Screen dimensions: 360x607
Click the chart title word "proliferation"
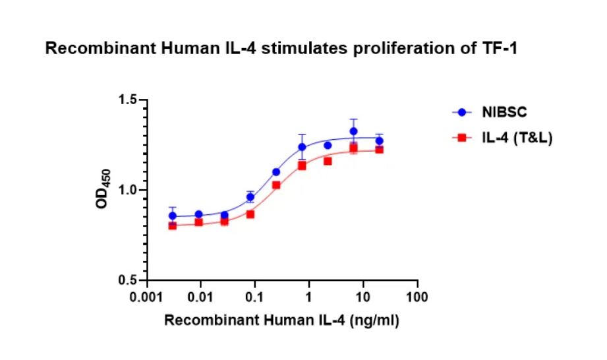coord(398,49)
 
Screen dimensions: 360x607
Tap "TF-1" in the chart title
coord(500,49)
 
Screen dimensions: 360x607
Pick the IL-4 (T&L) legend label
coord(517,138)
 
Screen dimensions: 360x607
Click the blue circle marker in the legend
coord(462,113)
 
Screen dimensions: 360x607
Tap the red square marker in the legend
coord(462,138)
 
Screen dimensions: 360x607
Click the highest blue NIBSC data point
coord(354,131)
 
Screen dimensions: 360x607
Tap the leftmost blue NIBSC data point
coord(173,216)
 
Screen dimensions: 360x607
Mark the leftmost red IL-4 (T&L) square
coord(173,225)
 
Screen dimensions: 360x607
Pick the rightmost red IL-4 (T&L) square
coord(380,150)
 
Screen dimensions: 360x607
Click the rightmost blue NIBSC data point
coord(380,141)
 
